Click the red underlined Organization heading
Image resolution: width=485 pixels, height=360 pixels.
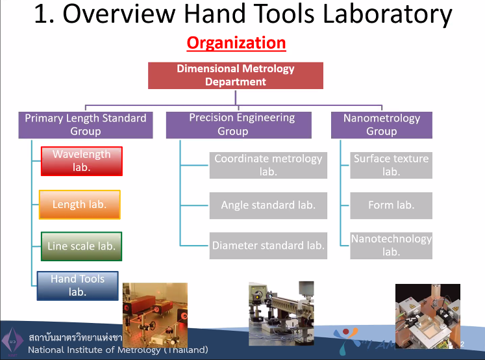coord(236,44)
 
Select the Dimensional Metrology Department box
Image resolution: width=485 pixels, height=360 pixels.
coord(236,75)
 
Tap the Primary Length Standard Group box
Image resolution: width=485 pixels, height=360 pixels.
coord(86,125)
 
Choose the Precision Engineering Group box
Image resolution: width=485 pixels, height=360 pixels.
coord(242,125)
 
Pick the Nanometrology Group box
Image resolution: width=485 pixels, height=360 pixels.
coord(381,125)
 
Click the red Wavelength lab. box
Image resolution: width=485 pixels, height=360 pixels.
coord(81,161)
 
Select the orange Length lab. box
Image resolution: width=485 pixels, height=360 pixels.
coord(79,205)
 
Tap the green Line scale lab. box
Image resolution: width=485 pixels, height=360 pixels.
coord(81,246)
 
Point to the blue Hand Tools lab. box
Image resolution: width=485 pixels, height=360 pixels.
coord(78,286)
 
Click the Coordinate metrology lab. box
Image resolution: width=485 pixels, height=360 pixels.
coord(268,165)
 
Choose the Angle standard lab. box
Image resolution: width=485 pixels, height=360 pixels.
coord(268,205)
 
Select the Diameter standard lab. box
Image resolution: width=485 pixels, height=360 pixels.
coord(268,246)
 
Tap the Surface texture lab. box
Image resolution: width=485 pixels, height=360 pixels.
coord(391,165)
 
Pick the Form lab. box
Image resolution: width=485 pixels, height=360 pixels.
coord(391,205)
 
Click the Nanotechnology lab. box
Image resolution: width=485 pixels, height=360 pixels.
coord(391,245)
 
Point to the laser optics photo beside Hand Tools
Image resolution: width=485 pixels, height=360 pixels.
coord(155,315)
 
